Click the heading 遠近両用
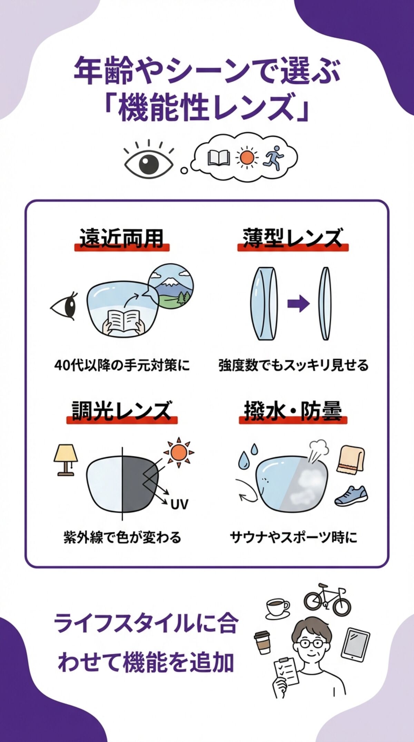(121, 238)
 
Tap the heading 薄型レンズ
(292, 238)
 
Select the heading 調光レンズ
(121, 411)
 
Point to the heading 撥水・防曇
(293, 411)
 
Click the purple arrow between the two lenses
(298, 304)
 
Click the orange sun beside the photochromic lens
(179, 452)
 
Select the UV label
(179, 504)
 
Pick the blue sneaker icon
(351, 496)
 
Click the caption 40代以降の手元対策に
(122, 365)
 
